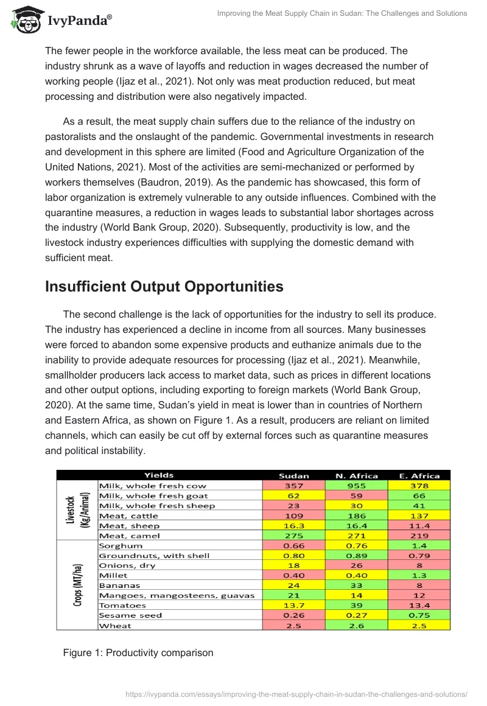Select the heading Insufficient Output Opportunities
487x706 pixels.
click(x=164, y=287)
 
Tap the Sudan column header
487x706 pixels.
click(x=293, y=475)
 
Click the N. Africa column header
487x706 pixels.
click(x=357, y=475)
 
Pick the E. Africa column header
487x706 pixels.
click(x=420, y=475)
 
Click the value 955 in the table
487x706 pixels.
click(x=357, y=486)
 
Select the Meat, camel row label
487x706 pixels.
click(x=129, y=536)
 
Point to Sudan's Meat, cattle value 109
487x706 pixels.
click(x=293, y=516)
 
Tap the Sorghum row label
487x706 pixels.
click(x=120, y=546)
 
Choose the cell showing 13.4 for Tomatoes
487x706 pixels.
click(x=420, y=606)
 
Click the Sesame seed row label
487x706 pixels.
click(x=130, y=615)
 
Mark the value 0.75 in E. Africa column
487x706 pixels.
click(x=420, y=615)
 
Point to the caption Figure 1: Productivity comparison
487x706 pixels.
click(x=138, y=652)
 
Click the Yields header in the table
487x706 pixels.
click(x=159, y=475)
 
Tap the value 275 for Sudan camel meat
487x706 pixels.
click(x=293, y=536)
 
